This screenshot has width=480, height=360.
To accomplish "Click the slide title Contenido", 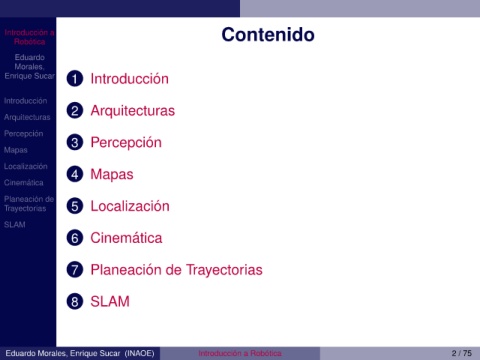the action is pos(268,35).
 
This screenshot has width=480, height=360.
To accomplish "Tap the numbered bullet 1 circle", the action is pos(75,79).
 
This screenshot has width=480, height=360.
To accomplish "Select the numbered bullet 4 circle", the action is pos(75,174).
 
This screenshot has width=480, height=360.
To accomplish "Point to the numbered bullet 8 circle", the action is pos(75,302).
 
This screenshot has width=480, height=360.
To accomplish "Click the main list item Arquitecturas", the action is pos(133,111).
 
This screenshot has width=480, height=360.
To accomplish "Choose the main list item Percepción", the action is pos(126,143).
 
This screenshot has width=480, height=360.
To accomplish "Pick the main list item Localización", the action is pos(130,206).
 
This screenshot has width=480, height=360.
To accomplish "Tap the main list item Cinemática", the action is pos(126,238).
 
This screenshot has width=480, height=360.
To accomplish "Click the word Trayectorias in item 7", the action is pos(224,270).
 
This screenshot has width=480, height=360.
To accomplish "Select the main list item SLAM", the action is pos(110,302).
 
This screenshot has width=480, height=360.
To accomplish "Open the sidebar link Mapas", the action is pos(16,150).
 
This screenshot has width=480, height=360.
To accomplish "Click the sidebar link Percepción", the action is pos(24,134).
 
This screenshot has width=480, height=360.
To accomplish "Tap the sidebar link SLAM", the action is pos(15,225).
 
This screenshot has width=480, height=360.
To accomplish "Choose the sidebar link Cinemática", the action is pos(24,183).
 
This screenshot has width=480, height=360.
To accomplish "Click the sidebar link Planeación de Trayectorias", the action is pos(29,204).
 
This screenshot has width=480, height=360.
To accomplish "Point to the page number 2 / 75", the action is pos(462,353).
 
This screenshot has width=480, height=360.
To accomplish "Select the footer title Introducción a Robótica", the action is pos(240,353).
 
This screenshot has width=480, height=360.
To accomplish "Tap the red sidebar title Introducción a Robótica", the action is pos(29,37).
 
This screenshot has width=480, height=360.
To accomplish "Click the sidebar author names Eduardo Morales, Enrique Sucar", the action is pos(29,67).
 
